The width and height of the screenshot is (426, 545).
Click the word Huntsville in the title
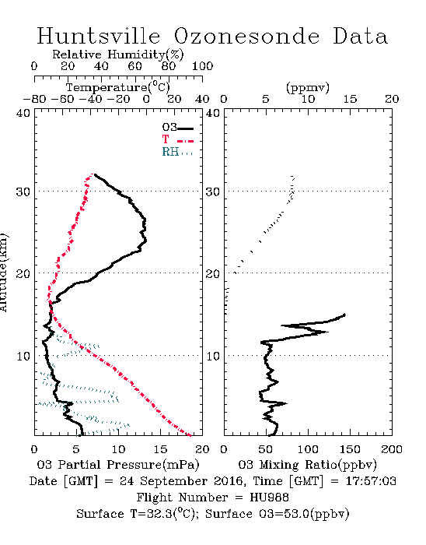[99, 36]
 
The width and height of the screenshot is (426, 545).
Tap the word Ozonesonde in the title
[246, 36]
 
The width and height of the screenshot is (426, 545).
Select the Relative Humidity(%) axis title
[118, 54]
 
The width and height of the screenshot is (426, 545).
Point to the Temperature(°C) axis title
[118, 87]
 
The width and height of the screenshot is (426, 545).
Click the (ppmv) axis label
[308, 87]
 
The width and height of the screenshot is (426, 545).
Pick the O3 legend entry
[177, 128]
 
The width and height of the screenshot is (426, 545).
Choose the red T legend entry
[177, 139]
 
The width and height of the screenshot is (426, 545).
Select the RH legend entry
[177, 152]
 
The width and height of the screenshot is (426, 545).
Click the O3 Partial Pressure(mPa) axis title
[118, 465]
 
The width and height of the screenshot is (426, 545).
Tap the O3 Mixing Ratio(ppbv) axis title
[307, 465]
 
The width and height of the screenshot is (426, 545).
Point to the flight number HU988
[269, 498]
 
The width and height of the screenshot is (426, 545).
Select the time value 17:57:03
[371, 481]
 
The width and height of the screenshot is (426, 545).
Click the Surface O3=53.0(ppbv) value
[278, 514]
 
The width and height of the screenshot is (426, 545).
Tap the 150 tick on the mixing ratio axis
[350, 449]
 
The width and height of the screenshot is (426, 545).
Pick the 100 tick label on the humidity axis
[202, 66]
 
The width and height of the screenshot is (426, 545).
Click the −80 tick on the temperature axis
[34, 99]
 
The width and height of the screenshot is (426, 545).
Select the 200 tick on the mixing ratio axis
[392, 449]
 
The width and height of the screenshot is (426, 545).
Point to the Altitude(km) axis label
[3, 272]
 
